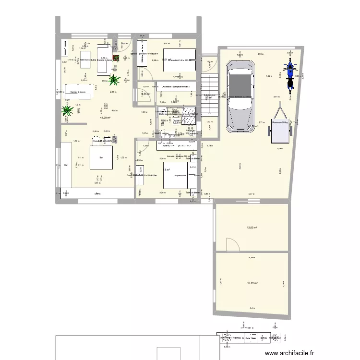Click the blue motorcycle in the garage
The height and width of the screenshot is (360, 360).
(x=289, y=74)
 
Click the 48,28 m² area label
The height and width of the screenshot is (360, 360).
(x=105, y=118)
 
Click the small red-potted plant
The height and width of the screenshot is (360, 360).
(x=115, y=59)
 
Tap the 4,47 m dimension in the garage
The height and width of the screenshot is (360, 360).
(x=252, y=194)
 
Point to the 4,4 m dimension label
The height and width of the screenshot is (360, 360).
(x=252, y=308)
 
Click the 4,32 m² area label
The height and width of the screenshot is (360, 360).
(x=176, y=123)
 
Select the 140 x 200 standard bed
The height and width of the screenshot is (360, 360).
(x=180, y=60)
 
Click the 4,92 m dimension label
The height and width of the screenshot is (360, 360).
(x=114, y=110)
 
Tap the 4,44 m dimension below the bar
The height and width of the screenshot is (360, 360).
(x=97, y=183)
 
